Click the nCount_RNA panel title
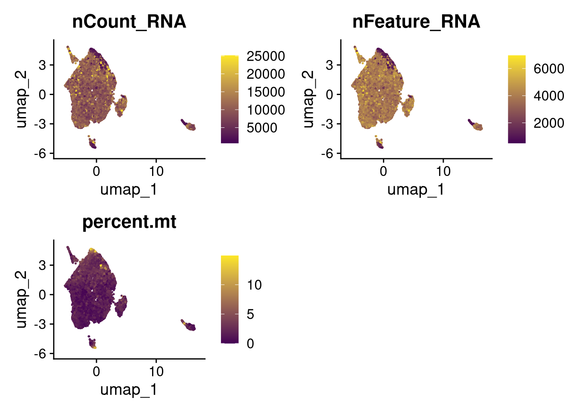tap(129, 22)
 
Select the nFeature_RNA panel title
tap(417, 22)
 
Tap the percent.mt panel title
tap(129, 222)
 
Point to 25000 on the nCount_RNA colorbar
tap(266, 56)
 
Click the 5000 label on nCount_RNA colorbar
tap(262, 128)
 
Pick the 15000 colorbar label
tap(266, 92)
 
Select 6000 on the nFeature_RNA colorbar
tap(549, 69)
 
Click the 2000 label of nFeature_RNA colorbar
tap(549, 123)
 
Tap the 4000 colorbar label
tap(549, 96)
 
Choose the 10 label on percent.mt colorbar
tap(254, 285)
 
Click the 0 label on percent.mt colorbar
tap(250, 344)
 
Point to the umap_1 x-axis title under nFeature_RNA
tap(416, 190)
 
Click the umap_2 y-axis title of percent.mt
tap(21, 299)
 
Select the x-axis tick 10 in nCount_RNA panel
tap(156, 171)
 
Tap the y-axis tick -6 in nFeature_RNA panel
tap(327, 154)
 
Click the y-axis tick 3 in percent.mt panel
tap(42, 265)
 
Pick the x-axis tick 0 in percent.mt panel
tap(96, 372)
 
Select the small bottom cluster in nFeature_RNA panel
tap(379, 142)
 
